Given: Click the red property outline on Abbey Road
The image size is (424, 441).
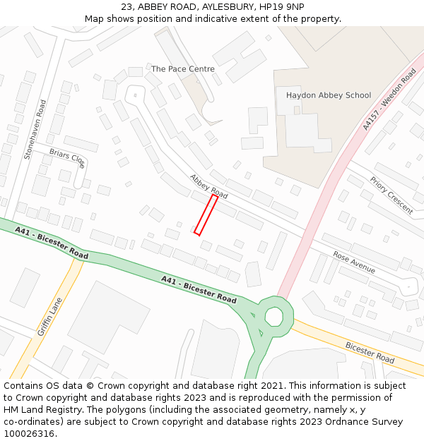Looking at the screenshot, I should click(206, 215).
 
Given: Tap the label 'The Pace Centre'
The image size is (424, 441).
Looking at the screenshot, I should click(182, 69).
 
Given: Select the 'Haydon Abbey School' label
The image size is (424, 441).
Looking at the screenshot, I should click(328, 95).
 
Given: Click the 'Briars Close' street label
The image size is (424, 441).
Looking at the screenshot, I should click(67, 158).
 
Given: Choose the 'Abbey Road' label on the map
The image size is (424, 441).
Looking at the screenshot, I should click(208, 186).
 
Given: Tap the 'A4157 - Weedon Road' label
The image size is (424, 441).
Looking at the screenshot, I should click(389, 99).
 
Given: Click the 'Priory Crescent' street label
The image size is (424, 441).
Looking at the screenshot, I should click(391, 195).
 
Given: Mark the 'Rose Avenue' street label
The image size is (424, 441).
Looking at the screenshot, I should click(354, 262).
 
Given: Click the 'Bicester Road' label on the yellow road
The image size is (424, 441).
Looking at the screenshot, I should click(370, 352).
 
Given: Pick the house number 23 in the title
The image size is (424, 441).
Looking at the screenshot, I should click(127, 6).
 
